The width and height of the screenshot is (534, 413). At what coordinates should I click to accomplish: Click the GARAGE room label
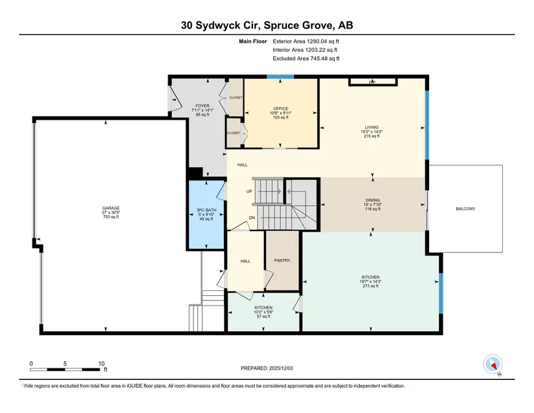pyautogui.click(x=111, y=208)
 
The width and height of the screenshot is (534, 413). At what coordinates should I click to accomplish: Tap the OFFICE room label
pyautogui.click(x=281, y=109)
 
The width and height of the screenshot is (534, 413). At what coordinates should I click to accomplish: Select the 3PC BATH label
pyautogui.click(x=206, y=210)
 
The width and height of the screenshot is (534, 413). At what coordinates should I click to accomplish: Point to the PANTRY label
pyautogui.click(x=282, y=260)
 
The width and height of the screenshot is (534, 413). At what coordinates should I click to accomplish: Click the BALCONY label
pyautogui.click(x=465, y=208)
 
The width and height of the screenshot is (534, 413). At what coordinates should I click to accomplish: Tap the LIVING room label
pyautogui.click(x=372, y=128)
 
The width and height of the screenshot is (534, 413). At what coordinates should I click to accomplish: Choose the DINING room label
pyautogui.click(x=373, y=200)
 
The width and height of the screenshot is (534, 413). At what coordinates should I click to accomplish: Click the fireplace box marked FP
pyautogui.click(x=373, y=82)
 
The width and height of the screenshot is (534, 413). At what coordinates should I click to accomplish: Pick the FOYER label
pyautogui.click(x=203, y=106)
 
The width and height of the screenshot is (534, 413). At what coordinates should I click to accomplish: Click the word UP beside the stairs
pyautogui.click(x=249, y=192)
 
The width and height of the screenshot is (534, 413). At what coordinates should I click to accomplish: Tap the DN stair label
pyautogui.click(x=252, y=218)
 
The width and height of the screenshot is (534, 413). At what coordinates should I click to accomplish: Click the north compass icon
pyautogui.click(x=493, y=364)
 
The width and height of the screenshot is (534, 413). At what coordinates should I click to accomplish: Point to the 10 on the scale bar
pyautogui.click(x=102, y=363)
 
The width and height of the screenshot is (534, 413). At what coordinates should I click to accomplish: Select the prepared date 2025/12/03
pyautogui.click(x=281, y=368)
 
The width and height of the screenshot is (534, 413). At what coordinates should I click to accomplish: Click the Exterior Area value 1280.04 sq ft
pyautogui.click(x=323, y=41)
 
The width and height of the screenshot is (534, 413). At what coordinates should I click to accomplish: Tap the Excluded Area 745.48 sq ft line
pyautogui.click(x=306, y=58)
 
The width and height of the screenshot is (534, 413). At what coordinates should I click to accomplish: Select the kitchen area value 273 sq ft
pyautogui.click(x=370, y=286)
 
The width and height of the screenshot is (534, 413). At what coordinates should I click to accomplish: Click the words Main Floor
pyautogui.click(x=252, y=41)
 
